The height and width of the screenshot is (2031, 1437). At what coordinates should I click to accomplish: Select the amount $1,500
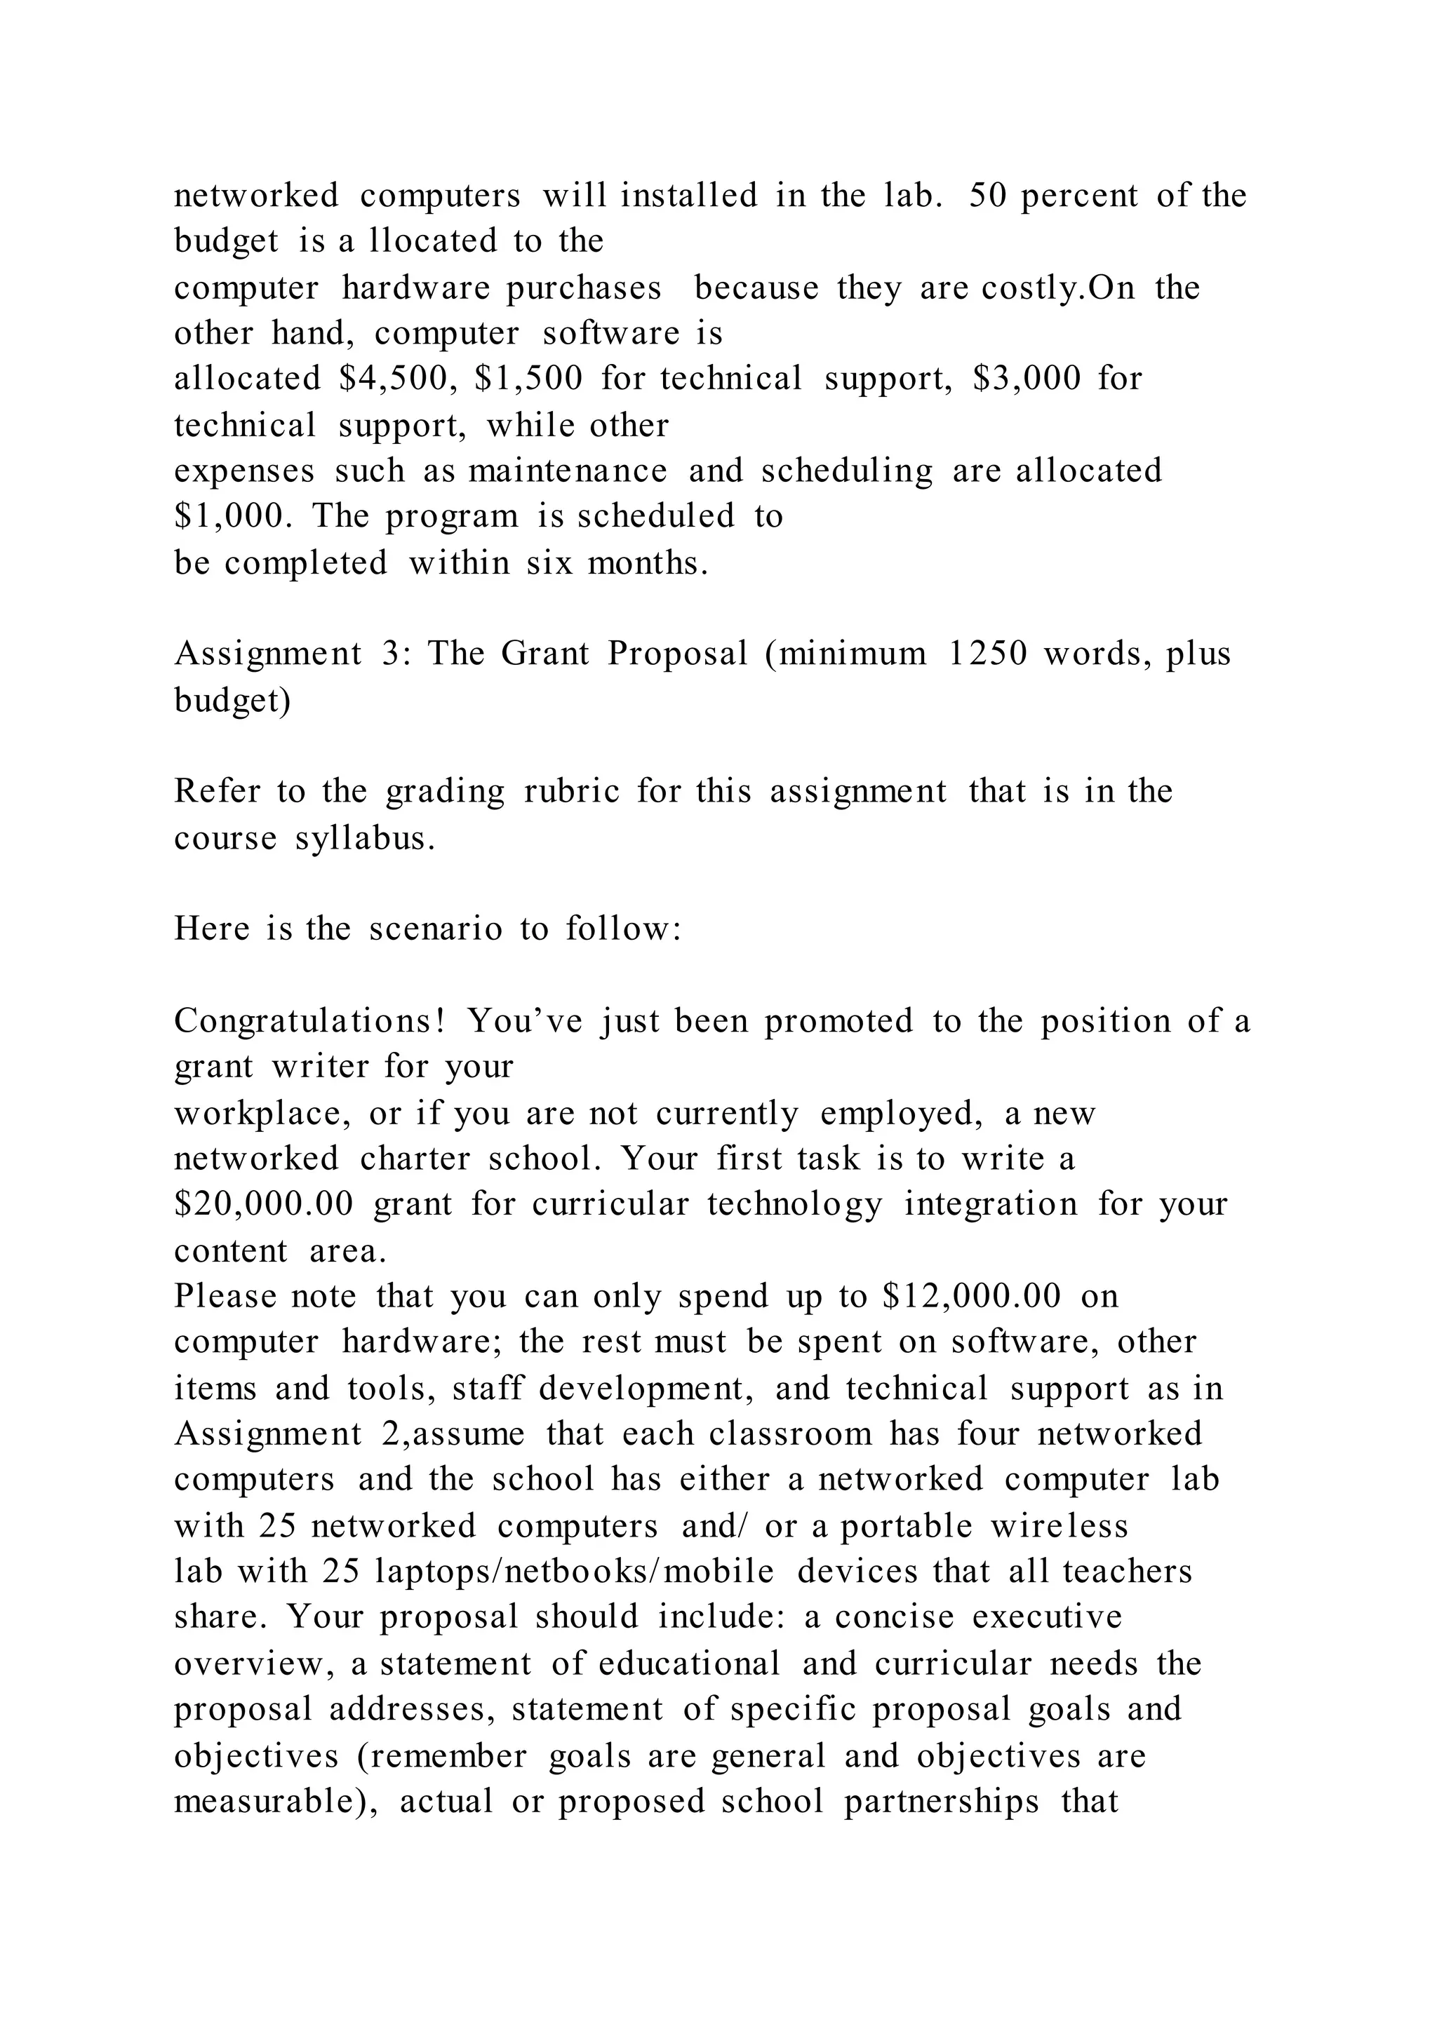click(x=528, y=379)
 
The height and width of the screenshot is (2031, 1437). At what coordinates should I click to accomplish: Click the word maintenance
click(x=567, y=471)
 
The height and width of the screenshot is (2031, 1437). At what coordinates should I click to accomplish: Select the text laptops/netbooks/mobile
click(x=574, y=1572)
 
